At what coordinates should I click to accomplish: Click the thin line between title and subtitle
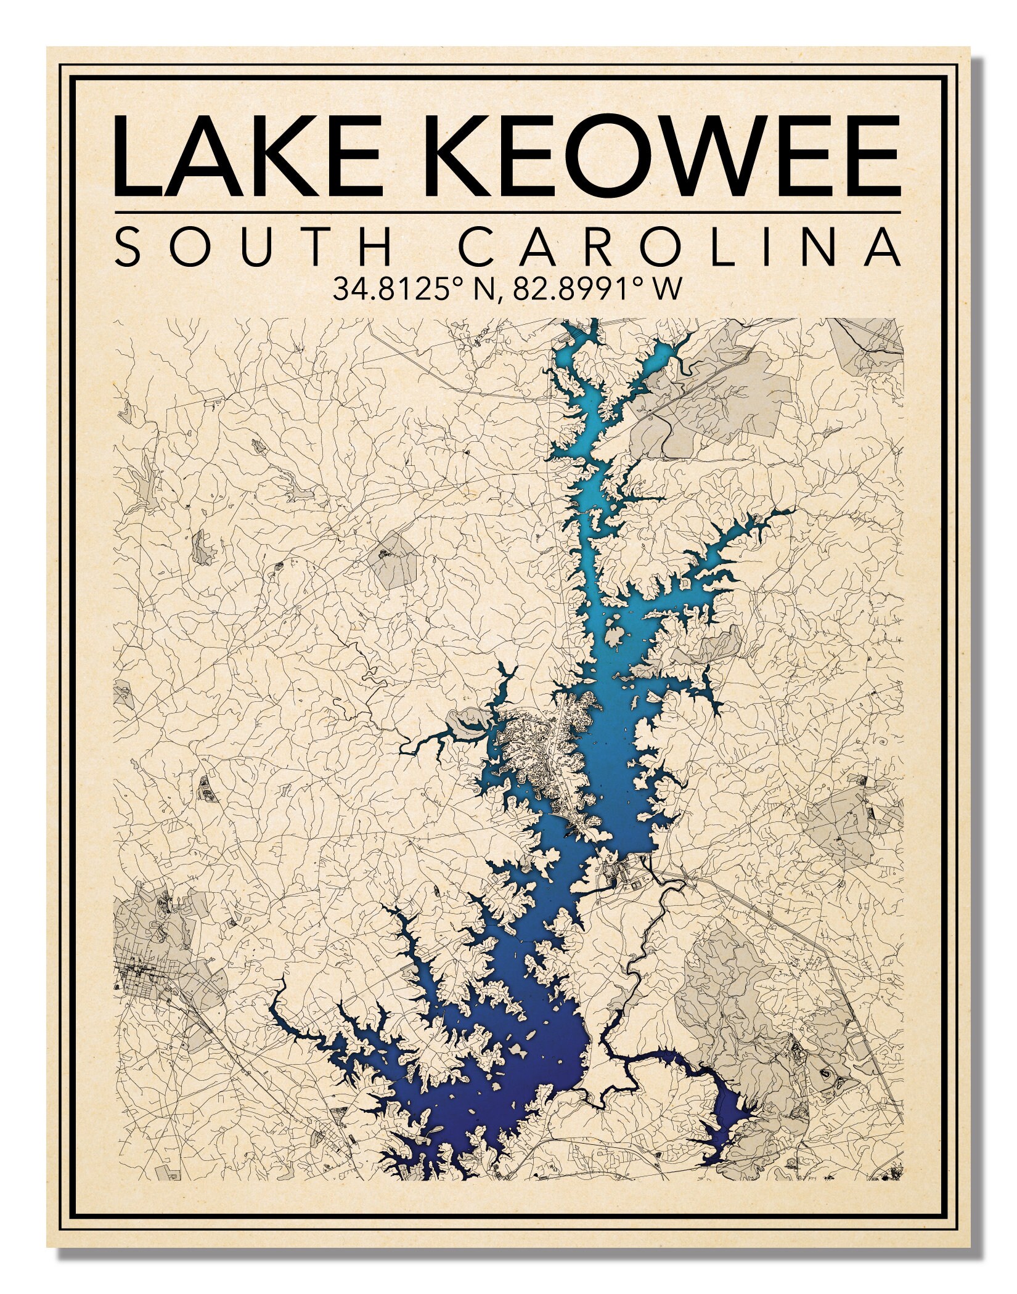[x=507, y=213]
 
